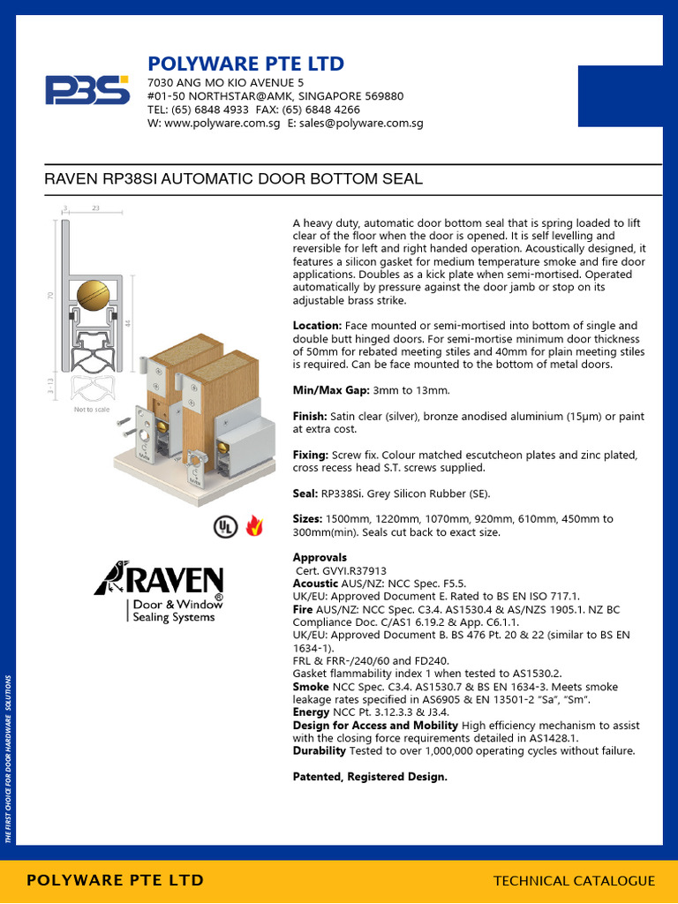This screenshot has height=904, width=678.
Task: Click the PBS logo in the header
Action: coord(87,90)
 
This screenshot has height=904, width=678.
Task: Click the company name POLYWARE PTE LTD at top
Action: coord(245,64)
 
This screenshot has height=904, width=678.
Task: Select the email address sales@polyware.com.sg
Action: coord(362,124)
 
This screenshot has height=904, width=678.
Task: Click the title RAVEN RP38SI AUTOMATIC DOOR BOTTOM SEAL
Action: coord(233,179)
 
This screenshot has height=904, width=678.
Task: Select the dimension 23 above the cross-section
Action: coord(94,208)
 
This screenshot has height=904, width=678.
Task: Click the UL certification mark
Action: coord(225,527)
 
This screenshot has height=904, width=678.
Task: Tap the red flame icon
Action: coord(255,526)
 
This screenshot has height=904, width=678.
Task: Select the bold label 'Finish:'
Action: coord(310,416)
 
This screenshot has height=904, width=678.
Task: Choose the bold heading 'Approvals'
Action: coord(320,558)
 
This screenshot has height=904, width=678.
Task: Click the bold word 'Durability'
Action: coord(320,751)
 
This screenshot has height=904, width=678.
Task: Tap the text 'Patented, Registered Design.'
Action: coord(370,777)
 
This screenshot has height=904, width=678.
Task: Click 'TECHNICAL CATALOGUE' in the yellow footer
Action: coord(574,880)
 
